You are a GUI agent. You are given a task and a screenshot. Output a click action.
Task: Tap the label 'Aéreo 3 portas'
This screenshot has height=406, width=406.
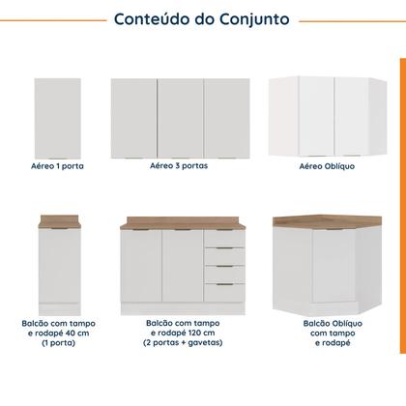[179, 166]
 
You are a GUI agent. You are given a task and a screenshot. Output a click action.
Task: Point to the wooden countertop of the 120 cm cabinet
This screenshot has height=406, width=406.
[181, 224]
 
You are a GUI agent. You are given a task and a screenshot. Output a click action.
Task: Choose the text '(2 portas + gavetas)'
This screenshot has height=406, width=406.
[181, 343]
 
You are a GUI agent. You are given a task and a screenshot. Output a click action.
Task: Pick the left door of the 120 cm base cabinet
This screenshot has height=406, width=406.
[141, 268]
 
